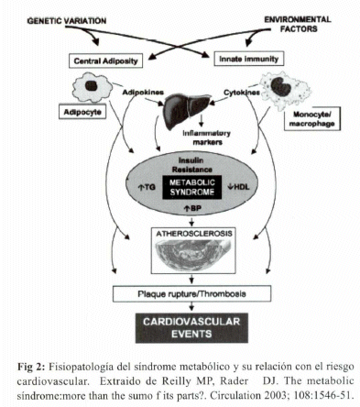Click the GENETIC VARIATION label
(x=67, y=21)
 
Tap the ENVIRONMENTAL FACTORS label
(x=298, y=24)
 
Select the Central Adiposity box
(x=105, y=60)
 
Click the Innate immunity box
(x=248, y=59)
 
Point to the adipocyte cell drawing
(x=92, y=87)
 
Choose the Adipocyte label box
(x=82, y=112)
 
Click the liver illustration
(x=186, y=110)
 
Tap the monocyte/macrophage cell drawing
(x=285, y=89)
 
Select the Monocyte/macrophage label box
(x=311, y=119)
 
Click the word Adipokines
(x=143, y=92)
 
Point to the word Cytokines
(x=242, y=93)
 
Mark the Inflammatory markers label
(x=207, y=137)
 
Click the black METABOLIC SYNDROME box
(x=192, y=187)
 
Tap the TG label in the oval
(x=147, y=187)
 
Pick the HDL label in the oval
(x=238, y=187)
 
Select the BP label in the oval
(x=192, y=208)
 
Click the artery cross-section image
(x=193, y=255)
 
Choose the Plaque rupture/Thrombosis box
(x=192, y=293)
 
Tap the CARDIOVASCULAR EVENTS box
(x=191, y=327)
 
